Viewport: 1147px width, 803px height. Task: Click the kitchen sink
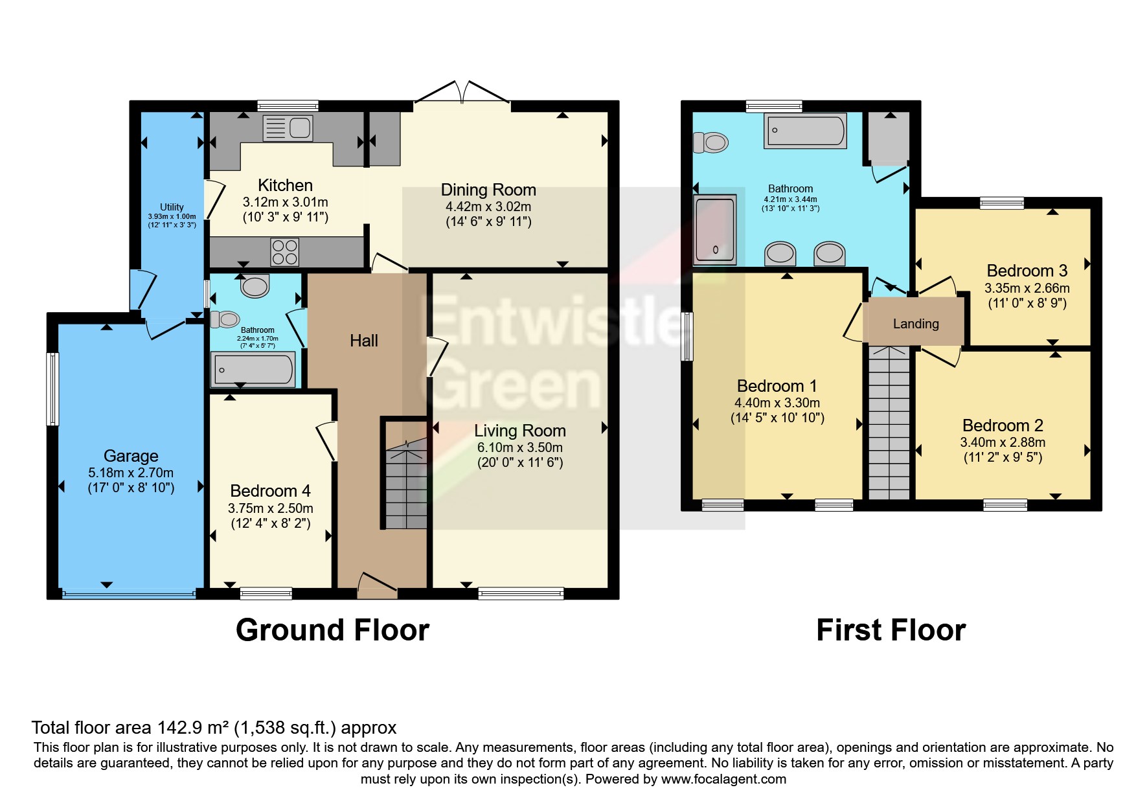[288, 128]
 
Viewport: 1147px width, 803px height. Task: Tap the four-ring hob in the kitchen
[285, 252]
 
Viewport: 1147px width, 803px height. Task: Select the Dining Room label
[488, 190]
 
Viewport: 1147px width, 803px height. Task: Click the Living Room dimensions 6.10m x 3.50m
[520, 447]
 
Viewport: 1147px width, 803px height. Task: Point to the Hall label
[364, 341]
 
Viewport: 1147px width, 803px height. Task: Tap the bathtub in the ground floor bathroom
[253, 370]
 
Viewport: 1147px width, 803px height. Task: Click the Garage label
[131, 456]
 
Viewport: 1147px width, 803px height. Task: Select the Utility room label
[172, 207]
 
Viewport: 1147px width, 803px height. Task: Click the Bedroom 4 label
[270, 491]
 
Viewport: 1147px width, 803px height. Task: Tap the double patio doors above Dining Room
[462, 92]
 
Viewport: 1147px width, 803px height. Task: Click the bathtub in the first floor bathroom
[806, 131]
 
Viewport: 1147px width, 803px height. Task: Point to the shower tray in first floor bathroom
[715, 230]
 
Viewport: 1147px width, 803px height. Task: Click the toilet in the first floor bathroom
[710, 142]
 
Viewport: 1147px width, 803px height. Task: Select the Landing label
[916, 324]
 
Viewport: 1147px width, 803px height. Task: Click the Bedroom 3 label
[1027, 271]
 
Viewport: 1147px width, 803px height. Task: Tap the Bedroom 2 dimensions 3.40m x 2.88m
[1003, 442]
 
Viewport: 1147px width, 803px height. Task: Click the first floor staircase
[889, 422]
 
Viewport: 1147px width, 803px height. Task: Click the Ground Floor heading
[332, 630]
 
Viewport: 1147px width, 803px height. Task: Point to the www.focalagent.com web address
[723, 779]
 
